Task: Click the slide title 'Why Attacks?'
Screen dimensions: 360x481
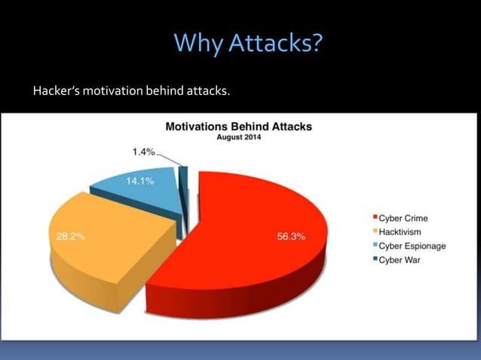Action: [248, 43]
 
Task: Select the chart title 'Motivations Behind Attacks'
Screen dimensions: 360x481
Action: [238, 127]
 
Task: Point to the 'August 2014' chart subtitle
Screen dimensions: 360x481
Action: [238, 137]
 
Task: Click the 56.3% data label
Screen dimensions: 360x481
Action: [291, 236]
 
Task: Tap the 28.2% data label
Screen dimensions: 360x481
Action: [71, 236]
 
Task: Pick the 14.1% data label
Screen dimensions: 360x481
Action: [139, 181]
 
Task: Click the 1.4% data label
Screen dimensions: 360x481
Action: [143, 152]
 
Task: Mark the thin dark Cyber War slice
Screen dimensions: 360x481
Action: [182, 203]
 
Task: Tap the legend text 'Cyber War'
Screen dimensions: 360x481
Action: [399, 260]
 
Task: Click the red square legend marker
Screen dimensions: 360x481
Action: [374, 218]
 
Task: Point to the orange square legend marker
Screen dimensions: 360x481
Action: [374, 232]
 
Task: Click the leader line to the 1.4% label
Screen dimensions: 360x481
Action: [169, 159]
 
